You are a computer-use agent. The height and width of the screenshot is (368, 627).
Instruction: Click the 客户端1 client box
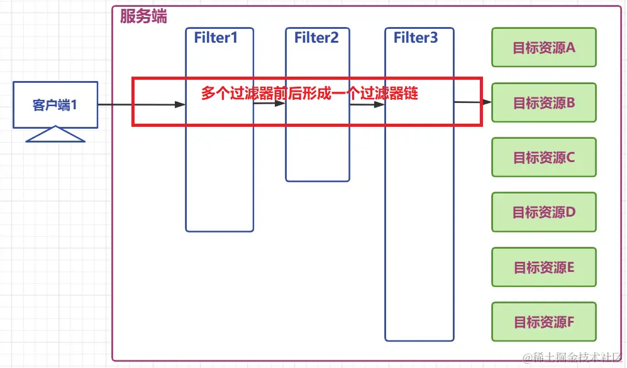[x=55, y=105]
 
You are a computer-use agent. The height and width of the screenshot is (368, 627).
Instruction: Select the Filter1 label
[x=216, y=38]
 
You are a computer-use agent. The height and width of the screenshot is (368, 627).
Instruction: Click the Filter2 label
[x=316, y=38]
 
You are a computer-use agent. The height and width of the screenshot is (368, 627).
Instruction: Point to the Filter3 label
[x=416, y=38]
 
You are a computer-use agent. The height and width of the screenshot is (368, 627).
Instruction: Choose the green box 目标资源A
[x=543, y=48]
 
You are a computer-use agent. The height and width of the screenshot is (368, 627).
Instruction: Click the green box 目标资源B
[x=543, y=103]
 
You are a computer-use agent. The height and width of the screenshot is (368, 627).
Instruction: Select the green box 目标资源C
[x=543, y=158]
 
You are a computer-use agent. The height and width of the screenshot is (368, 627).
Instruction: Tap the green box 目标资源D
[x=543, y=212]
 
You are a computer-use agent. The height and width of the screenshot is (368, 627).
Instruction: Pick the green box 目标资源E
[x=543, y=268]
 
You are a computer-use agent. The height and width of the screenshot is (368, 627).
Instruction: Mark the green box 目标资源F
[x=543, y=322]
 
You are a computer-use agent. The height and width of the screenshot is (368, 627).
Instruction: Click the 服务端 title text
[x=143, y=17]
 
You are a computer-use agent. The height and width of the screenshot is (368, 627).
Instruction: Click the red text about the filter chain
[x=309, y=94]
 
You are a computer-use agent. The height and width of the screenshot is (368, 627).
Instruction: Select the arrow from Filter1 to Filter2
[x=269, y=105]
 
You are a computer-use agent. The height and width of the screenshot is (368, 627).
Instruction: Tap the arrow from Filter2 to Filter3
[x=367, y=105]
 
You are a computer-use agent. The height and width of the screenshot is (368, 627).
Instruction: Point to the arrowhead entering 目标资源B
[x=487, y=102]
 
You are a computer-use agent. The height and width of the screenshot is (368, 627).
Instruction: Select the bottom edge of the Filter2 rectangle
[x=317, y=181]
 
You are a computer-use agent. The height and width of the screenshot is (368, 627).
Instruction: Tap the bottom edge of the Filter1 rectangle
[x=219, y=231]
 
